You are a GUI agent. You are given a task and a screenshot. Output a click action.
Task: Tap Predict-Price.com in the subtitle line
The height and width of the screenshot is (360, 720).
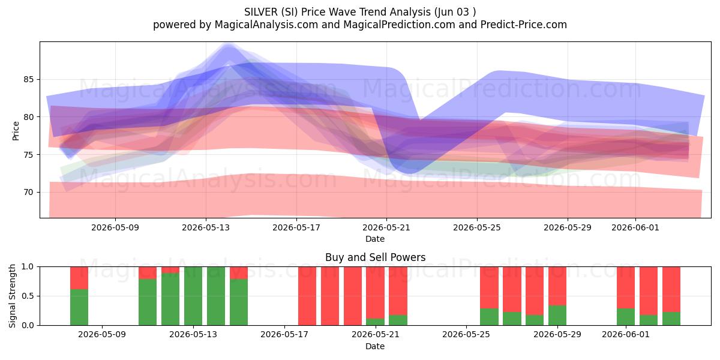click(x=524, y=25)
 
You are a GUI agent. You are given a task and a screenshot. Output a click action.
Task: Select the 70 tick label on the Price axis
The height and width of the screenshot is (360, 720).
click(x=29, y=192)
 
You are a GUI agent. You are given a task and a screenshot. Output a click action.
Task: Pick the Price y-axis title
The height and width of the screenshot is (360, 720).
click(x=16, y=131)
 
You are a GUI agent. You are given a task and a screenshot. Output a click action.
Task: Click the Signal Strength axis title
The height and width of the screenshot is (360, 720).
click(x=12, y=296)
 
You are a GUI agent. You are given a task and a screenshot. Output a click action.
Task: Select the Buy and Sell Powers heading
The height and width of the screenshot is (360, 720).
click(x=375, y=257)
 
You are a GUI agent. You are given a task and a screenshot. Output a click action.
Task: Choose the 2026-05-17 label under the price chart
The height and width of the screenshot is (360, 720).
click(x=296, y=227)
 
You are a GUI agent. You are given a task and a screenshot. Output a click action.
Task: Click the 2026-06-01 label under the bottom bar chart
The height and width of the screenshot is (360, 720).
click(x=626, y=335)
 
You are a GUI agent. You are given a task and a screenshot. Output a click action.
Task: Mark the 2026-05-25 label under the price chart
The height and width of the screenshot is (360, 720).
click(x=477, y=227)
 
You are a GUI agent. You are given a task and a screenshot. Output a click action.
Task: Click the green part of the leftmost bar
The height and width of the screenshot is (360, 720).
click(x=79, y=307)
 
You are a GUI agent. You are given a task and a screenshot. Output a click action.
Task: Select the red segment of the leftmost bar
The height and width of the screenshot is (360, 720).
click(x=79, y=278)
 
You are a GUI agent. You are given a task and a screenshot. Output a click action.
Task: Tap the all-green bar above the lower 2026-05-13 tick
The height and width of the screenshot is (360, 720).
click(x=193, y=296)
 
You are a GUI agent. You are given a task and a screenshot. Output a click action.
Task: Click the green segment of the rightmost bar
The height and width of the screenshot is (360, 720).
click(x=671, y=319)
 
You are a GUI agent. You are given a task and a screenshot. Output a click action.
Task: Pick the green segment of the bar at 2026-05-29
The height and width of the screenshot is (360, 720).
click(x=557, y=316)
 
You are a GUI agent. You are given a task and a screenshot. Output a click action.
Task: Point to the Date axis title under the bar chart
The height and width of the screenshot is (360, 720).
click(x=375, y=346)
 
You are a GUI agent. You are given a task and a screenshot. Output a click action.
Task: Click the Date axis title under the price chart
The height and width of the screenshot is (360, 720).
click(x=375, y=239)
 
